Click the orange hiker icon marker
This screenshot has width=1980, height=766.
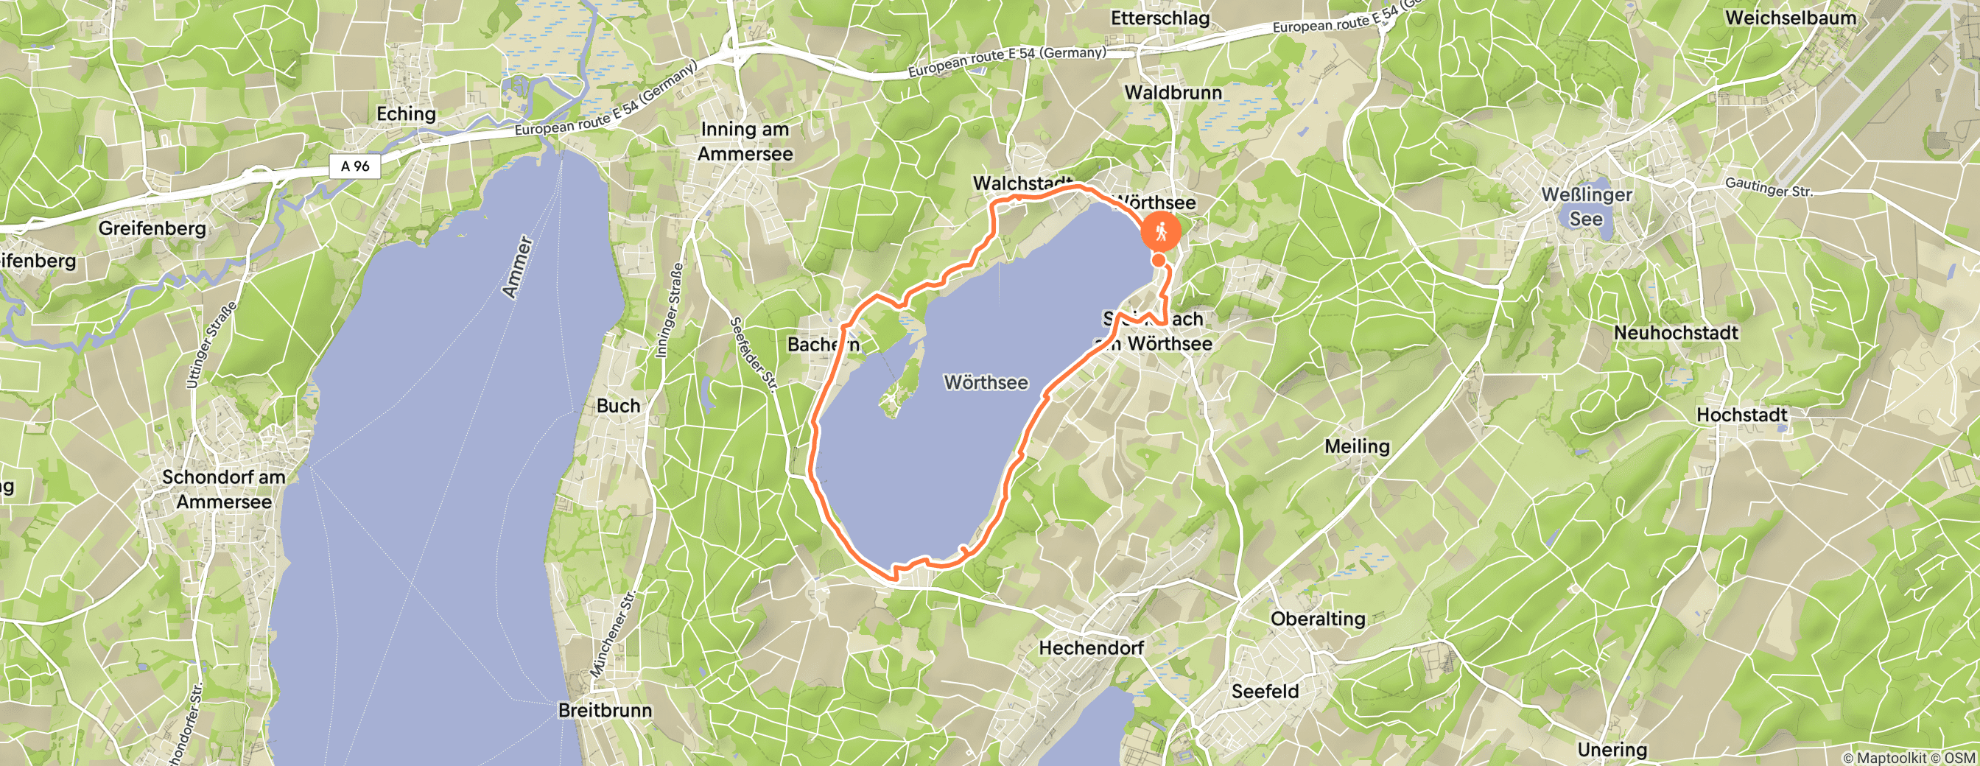[1161, 231]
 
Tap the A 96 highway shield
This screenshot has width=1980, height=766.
[355, 166]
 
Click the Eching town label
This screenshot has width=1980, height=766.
[406, 113]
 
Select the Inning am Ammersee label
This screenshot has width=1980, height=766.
[745, 141]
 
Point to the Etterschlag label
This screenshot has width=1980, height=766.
[1160, 18]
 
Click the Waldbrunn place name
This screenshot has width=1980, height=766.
[1173, 92]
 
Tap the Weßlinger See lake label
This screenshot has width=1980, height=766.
[1587, 207]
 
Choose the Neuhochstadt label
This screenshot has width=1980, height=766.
[1676, 333]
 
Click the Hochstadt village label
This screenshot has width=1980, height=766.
[1742, 415]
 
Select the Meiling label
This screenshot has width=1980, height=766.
[1358, 446]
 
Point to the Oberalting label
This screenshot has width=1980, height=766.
[1318, 619]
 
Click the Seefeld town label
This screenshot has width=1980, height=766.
[1265, 692]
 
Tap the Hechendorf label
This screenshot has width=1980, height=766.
[1092, 647]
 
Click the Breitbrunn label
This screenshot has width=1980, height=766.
[605, 711]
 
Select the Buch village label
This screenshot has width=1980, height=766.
[618, 406]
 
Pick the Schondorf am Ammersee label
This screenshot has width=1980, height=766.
[224, 489]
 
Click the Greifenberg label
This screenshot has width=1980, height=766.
[152, 228]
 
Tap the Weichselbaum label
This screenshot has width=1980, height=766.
[1791, 18]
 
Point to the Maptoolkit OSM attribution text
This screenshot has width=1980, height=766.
[1909, 759]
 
